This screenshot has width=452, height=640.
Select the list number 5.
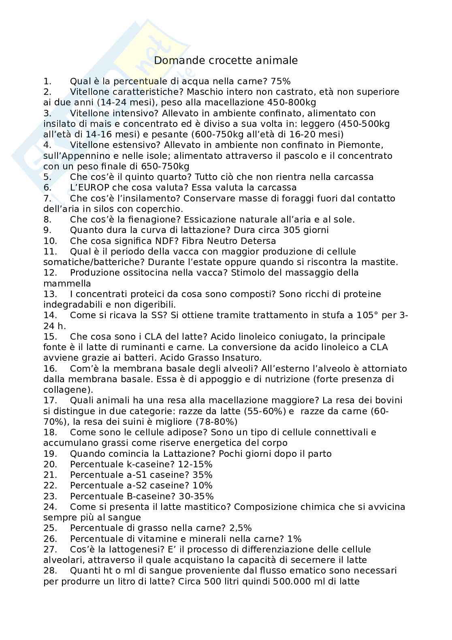[47, 177]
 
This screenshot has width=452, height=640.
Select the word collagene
[66, 390]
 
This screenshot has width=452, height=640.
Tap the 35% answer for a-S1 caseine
[202, 475]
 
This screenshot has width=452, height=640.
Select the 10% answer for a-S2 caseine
[202, 486]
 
